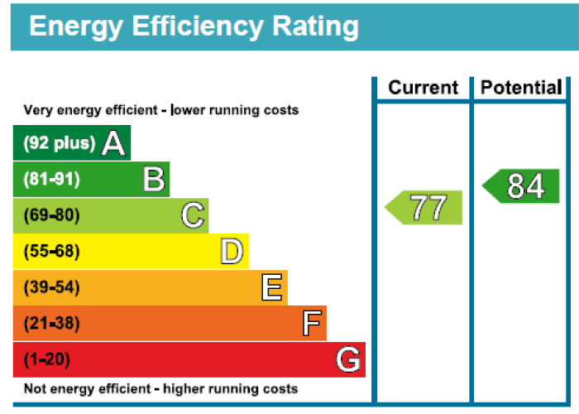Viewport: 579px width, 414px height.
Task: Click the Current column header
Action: pos(423,88)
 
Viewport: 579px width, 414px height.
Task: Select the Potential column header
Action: pos(521,88)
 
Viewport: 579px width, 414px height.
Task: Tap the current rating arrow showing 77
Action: pos(424,207)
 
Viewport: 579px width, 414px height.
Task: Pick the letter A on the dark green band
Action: pos(113,143)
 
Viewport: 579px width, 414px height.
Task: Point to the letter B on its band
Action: pos(154,179)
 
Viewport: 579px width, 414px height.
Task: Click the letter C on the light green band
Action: pos(193,216)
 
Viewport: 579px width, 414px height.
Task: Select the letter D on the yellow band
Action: pos(232,252)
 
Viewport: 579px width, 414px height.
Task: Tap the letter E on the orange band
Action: pos(272,287)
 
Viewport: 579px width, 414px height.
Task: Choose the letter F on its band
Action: pos(312,324)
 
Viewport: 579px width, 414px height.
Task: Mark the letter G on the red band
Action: pos(349,360)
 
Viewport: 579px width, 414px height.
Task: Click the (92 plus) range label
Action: pos(59,143)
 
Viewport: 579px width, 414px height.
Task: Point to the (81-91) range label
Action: pos(51,179)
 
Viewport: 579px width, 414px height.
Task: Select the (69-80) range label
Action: pos(51,215)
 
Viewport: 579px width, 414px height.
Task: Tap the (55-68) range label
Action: pos(51,252)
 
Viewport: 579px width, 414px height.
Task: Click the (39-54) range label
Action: pos(51,287)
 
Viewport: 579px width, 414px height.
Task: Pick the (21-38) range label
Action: pos(51,324)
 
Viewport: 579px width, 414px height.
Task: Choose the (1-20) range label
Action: pos(47,360)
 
